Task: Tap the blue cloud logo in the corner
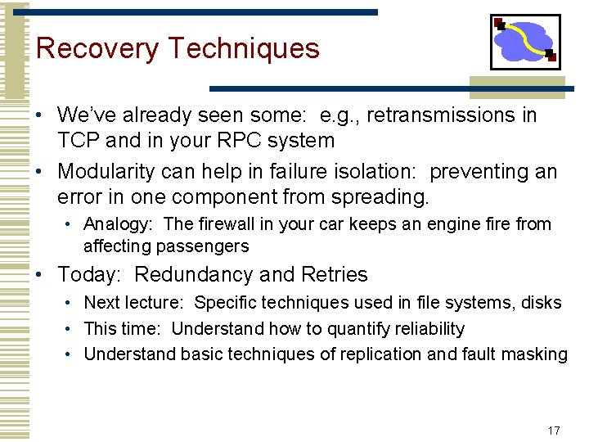click(x=524, y=42)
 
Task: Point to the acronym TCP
click(x=79, y=141)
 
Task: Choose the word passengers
click(x=205, y=246)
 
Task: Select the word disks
click(x=541, y=303)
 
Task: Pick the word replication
click(x=380, y=354)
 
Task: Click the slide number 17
click(x=554, y=431)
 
